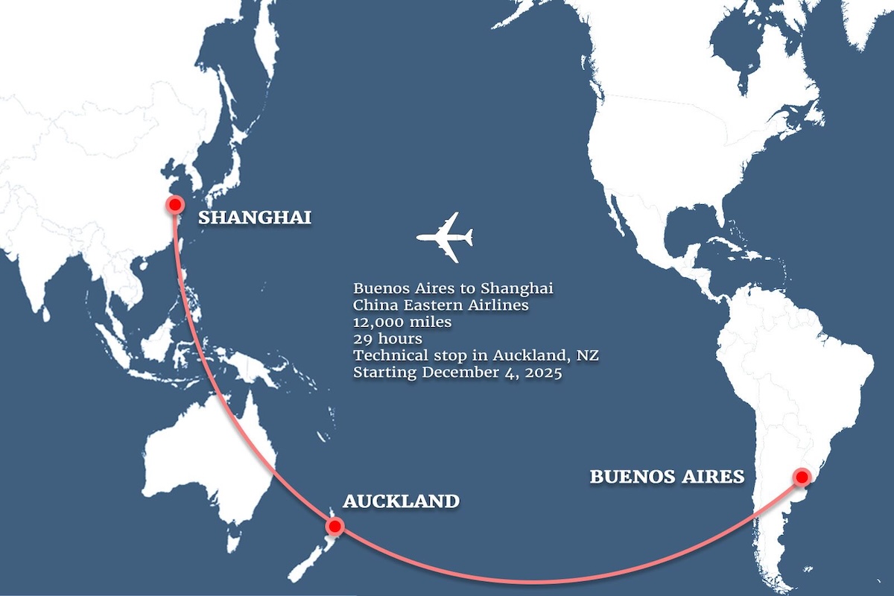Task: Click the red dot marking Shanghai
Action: [x=175, y=204]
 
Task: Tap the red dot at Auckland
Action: [x=335, y=527]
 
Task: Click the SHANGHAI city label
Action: [x=255, y=218]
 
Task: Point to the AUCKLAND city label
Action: [x=401, y=501]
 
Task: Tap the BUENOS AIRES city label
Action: [x=667, y=476]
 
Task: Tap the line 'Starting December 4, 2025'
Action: [x=457, y=372]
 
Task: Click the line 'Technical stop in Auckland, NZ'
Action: [x=476, y=356]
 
